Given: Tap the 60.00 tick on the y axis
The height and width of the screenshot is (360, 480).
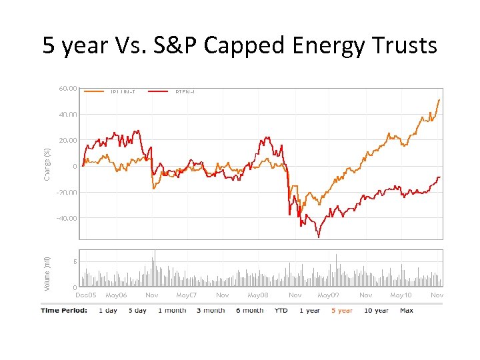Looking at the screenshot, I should coord(67,87).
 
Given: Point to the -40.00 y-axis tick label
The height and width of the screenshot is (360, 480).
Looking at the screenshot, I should coord(66,218).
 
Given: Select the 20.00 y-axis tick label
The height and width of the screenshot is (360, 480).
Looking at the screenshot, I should coord(67,140).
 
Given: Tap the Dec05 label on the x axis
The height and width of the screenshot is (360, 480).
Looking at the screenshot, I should coord(86,295).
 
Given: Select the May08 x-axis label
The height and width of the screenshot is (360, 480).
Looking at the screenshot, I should coord(258,295).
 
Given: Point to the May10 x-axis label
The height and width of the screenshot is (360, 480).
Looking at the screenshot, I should coord(401,295).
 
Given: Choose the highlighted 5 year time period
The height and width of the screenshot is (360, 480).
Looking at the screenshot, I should coord(341,310).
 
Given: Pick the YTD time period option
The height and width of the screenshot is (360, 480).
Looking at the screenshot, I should coord(281,310).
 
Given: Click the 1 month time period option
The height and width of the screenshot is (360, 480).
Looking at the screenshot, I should coord(172,310).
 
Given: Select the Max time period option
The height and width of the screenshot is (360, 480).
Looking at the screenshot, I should coord(407,310).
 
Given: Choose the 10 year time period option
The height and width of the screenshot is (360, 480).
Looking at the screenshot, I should coord(377,310).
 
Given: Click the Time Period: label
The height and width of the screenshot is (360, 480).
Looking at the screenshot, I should coord(63,310).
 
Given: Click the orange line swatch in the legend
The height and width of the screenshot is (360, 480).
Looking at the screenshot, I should coord(94,91).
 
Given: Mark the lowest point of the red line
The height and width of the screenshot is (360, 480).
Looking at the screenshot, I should coord(319,237).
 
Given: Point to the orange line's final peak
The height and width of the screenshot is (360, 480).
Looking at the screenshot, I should coord(439,99).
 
